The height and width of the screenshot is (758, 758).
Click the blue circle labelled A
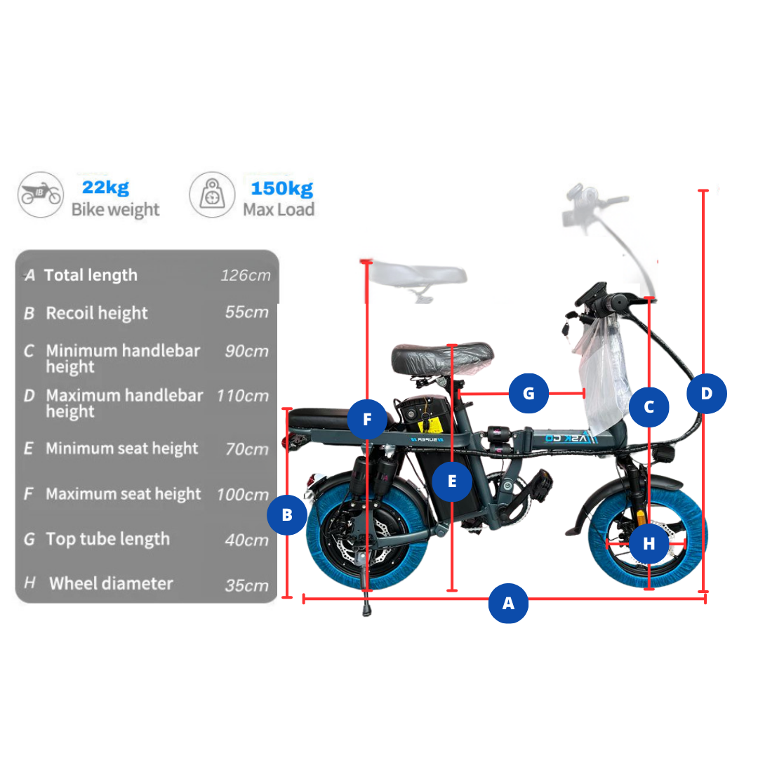coord(508,604)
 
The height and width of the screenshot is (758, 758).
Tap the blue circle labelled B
coord(286,515)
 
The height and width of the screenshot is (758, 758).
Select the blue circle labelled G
coord(528,394)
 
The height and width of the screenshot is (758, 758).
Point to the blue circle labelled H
coord(649,544)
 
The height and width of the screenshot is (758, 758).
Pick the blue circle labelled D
coord(706,394)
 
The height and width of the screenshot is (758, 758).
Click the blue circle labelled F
coord(367,419)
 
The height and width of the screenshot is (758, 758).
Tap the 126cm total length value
coord(246,275)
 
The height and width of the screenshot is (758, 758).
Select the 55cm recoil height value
coord(246,312)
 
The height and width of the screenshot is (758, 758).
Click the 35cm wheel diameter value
coord(246,585)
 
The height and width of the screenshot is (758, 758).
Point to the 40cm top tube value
coord(246,540)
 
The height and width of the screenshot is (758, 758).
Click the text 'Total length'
coord(91,276)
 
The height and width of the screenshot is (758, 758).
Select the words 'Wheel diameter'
coord(111,583)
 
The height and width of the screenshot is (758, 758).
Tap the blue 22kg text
coord(106,187)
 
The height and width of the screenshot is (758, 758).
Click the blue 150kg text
coord(282,189)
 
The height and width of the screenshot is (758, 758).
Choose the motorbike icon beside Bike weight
coord(41,194)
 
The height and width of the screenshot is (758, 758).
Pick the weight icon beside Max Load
coord(212,194)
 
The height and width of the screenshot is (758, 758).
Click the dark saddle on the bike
coord(442,358)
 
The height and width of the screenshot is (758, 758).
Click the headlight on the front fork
coord(664,454)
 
